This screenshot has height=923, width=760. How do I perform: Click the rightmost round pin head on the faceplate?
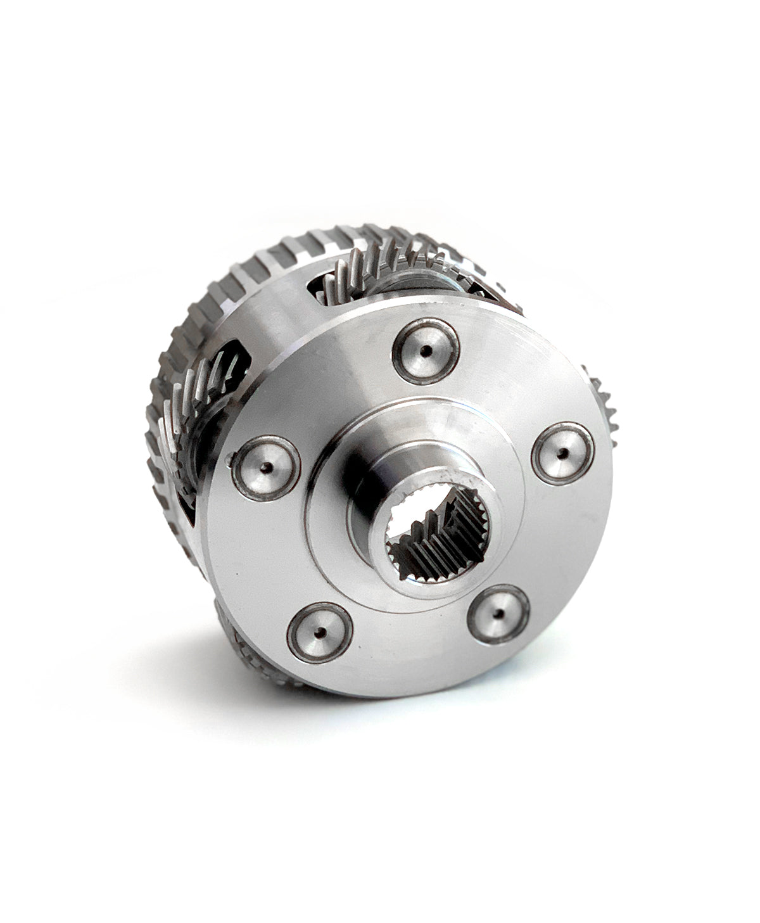562,453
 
